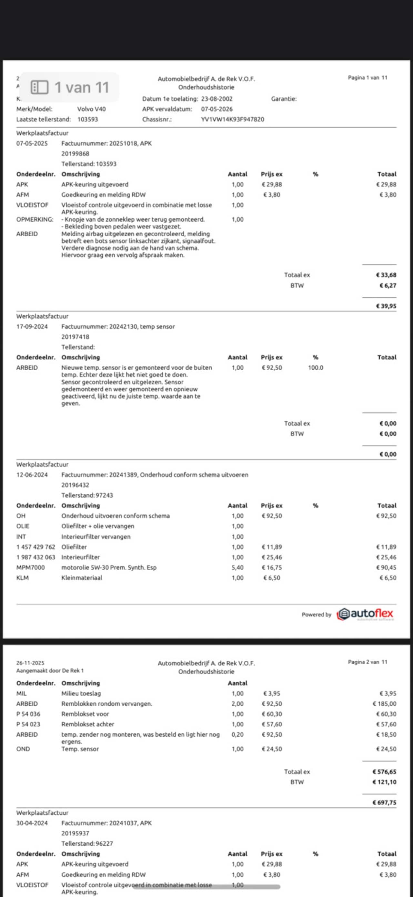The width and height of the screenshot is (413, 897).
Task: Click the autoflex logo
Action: click(365, 614)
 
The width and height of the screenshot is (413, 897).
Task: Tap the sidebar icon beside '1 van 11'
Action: click(39, 87)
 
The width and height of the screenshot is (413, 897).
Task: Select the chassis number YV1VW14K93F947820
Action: click(232, 119)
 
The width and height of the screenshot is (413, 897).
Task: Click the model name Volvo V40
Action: click(91, 109)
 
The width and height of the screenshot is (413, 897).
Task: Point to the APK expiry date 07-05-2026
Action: click(217, 109)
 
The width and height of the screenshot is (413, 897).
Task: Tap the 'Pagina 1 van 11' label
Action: click(368, 78)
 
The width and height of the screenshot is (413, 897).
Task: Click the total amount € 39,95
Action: click(386, 306)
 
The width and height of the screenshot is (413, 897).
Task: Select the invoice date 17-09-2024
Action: click(32, 327)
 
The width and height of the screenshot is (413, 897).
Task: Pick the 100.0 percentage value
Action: click(315, 367)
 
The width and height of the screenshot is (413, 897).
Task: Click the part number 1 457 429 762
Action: click(35, 547)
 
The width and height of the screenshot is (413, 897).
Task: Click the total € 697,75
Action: click(384, 802)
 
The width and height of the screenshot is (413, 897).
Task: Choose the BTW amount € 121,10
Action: click(384, 782)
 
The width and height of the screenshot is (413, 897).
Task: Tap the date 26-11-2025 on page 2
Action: click(30, 663)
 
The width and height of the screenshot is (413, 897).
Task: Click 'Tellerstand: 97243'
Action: click(87, 495)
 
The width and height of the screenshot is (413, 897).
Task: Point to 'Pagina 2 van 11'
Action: click(368, 662)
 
